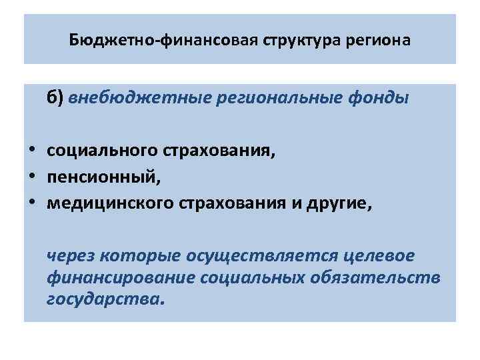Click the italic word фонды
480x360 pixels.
coord(377,98)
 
